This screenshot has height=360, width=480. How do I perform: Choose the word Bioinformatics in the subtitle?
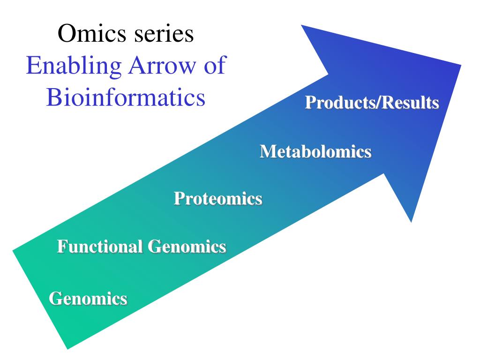click(126, 97)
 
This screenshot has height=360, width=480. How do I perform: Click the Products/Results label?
click(372, 103)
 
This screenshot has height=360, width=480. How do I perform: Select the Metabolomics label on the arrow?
click(315, 151)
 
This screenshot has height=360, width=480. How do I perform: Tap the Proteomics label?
click(217, 198)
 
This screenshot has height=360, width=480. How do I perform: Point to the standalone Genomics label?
click(88, 298)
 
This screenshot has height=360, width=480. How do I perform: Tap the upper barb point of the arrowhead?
click(301, 25)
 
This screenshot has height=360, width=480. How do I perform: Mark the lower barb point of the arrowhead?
click(411, 221)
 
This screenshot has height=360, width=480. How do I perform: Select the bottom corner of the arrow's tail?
click(68, 348)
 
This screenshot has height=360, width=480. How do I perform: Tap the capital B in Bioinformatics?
click(53, 97)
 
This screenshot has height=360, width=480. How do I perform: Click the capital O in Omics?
click(66, 34)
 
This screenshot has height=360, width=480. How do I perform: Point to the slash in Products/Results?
click(378, 103)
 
